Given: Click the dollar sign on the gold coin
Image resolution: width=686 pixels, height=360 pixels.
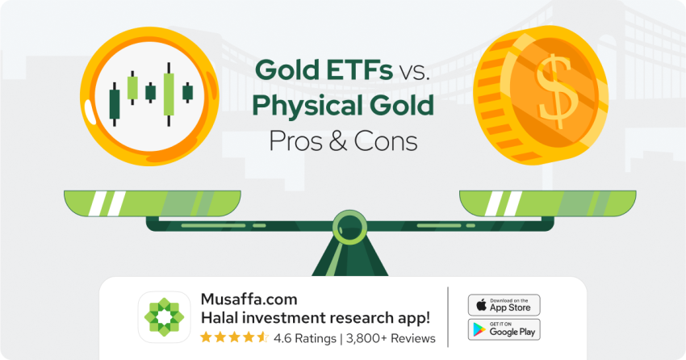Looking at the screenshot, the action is [x=557, y=92].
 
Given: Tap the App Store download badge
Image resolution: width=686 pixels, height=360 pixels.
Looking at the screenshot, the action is [x=504, y=305].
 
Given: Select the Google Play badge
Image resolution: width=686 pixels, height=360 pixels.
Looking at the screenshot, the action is [x=504, y=329].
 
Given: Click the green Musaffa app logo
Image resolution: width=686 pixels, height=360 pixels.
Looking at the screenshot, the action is [x=164, y=317].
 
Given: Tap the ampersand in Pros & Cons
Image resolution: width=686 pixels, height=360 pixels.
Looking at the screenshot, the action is [x=337, y=141].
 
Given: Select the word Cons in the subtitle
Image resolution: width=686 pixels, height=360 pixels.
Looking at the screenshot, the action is [x=386, y=141].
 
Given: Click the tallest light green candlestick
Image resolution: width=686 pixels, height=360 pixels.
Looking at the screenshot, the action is [x=169, y=94].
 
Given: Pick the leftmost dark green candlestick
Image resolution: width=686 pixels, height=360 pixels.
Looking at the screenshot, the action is [x=114, y=103].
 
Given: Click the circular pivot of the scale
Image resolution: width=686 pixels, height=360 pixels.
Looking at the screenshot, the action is [x=349, y=228].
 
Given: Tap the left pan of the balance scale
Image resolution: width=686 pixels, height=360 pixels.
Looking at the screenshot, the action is [x=153, y=203].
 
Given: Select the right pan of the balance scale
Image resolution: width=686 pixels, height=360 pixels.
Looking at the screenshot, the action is [x=548, y=203].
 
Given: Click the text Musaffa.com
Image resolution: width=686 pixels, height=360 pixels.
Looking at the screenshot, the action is [x=249, y=299].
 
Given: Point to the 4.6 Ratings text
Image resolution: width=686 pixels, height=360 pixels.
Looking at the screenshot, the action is [x=305, y=338].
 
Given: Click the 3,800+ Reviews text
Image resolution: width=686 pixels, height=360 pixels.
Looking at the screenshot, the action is [x=391, y=338].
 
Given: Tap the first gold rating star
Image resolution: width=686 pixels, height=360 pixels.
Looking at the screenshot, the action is [x=206, y=337].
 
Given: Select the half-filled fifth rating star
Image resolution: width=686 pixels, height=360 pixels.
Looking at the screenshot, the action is [x=262, y=337].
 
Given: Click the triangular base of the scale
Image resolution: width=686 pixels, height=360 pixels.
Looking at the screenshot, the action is [x=350, y=257].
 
